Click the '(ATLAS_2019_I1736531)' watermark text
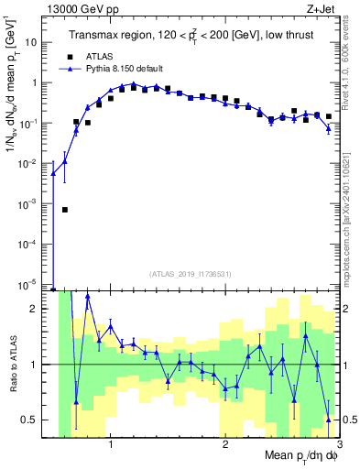pyautogui.click(x=191, y=273)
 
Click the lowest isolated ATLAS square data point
pyautogui.click(x=65, y=210)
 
